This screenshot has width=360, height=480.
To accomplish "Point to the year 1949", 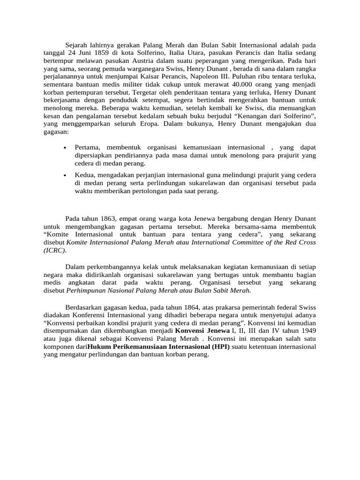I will (307, 330).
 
